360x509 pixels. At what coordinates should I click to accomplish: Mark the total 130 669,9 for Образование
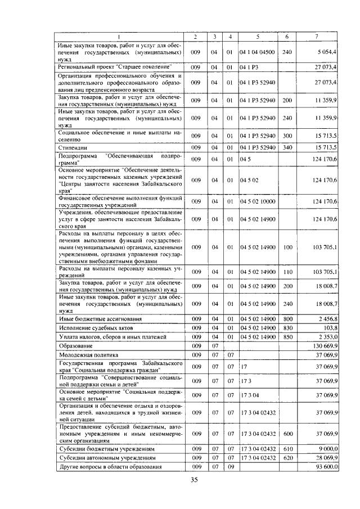(x=324, y=346)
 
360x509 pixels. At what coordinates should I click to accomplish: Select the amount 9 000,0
(x=327, y=449)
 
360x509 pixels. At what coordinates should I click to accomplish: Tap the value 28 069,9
(x=326, y=458)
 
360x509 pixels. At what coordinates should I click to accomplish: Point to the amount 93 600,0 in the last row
(x=326, y=467)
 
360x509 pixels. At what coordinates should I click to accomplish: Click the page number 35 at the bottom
(x=195, y=480)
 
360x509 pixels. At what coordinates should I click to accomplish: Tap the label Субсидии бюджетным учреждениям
(x=107, y=449)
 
